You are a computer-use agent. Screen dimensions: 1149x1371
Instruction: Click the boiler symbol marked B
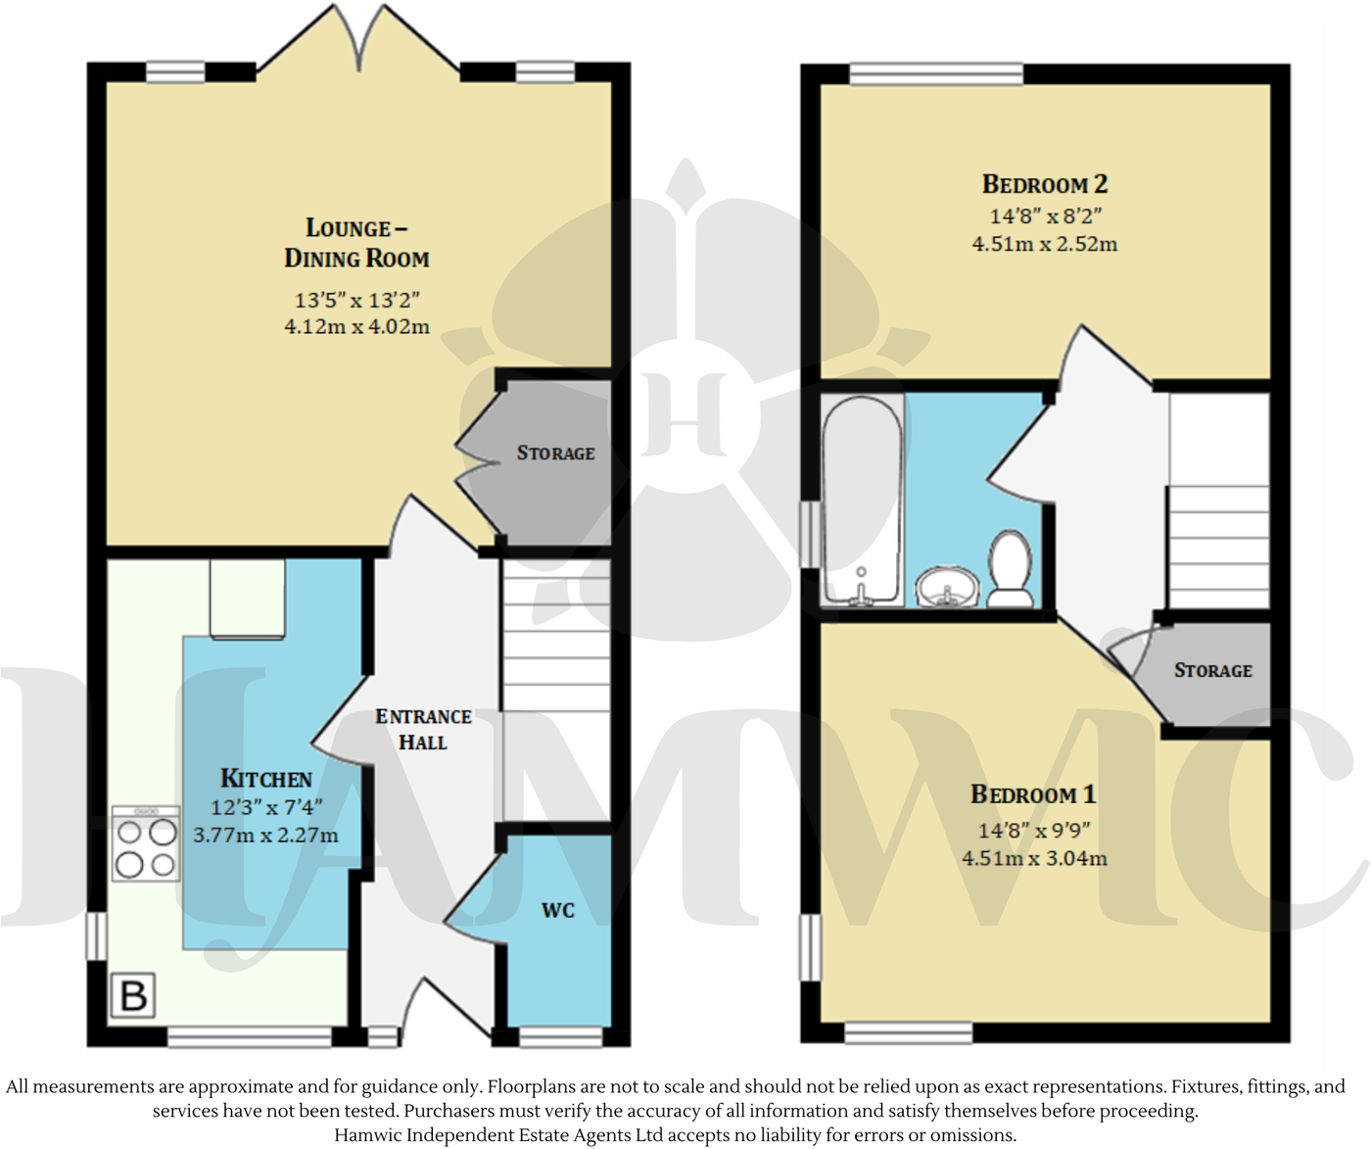[x=133, y=996]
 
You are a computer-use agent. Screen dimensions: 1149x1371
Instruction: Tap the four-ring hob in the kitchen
[x=146, y=844]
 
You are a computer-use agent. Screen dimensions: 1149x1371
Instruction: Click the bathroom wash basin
[x=947, y=589]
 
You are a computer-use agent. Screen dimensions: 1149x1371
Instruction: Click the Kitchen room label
[x=265, y=779]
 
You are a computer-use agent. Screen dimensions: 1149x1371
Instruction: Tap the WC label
[x=557, y=910]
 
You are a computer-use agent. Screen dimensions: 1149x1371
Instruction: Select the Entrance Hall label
[x=423, y=729]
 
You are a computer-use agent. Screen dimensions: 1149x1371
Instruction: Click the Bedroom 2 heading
[x=1044, y=184]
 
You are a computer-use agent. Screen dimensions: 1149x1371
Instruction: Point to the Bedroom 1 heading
[x=1033, y=794]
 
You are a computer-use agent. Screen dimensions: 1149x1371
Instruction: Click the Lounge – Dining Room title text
[x=356, y=243]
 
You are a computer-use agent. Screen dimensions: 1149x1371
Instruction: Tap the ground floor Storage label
[x=555, y=453]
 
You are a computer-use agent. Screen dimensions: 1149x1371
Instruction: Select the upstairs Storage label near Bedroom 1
[x=1212, y=670]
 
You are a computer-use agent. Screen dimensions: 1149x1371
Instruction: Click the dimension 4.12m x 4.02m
[x=356, y=326]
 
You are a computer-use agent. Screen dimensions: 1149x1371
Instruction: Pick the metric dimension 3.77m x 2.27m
[x=265, y=836]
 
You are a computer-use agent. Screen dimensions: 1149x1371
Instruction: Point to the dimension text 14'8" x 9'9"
[x=1034, y=831]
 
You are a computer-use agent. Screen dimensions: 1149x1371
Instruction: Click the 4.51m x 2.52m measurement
[x=1044, y=244]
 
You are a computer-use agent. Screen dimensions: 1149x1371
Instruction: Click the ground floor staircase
[x=555, y=686]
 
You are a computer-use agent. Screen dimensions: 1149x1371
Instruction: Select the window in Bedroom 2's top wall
[x=935, y=74]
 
